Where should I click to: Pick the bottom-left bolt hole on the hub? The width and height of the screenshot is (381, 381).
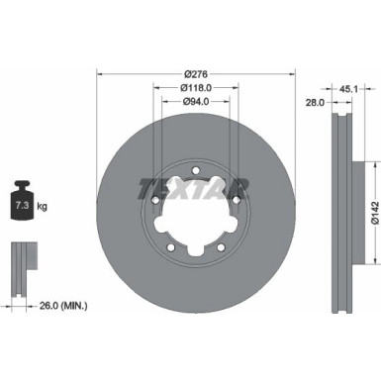pos(170,246)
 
